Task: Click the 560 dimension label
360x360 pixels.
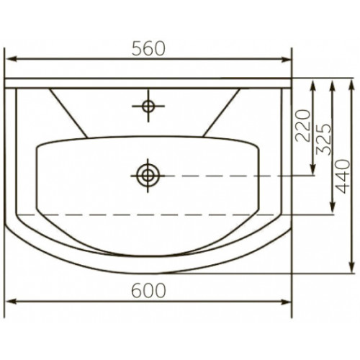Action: pyautogui.click(x=148, y=48)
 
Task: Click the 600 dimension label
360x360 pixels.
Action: pyautogui.click(x=148, y=290)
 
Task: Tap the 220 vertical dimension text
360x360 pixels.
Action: pyautogui.click(x=303, y=125)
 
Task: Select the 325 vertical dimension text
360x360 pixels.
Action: pyautogui.click(x=324, y=140)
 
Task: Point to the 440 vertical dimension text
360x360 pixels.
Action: pyautogui.click(x=343, y=176)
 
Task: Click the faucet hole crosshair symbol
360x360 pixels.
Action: pyautogui.click(x=148, y=106)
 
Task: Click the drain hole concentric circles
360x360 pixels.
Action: pyautogui.click(x=148, y=176)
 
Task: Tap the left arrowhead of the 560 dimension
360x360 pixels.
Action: pyautogui.click(x=12, y=59)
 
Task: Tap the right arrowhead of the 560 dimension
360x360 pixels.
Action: pyautogui.click(x=286, y=59)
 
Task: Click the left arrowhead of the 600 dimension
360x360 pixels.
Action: pyautogui.click(x=12, y=302)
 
